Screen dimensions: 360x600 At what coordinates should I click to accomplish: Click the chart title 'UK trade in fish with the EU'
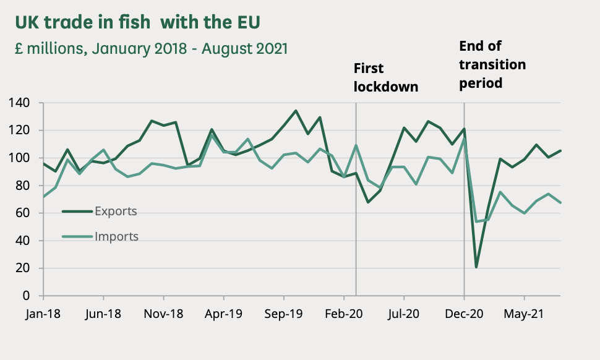pyautogui.click(x=137, y=23)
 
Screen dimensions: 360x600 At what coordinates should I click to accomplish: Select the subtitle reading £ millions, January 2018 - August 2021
pyautogui.click(x=151, y=49)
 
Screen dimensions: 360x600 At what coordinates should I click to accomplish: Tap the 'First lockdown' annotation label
pyautogui.click(x=385, y=77)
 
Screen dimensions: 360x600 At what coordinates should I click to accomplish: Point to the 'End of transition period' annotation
pyautogui.click(x=492, y=64)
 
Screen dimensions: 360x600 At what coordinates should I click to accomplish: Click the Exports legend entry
pyautogui.click(x=115, y=212)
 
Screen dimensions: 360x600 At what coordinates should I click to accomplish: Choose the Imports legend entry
pyautogui.click(x=116, y=236)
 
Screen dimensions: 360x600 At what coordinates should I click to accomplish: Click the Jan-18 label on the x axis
pyautogui.click(x=43, y=314)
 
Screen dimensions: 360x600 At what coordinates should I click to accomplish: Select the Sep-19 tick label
pyautogui.click(x=283, y=314)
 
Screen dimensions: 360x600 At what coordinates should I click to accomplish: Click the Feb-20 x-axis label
pyautogui.click(x=344, y=314)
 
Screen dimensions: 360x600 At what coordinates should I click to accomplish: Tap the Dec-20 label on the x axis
pyautogui.click(x=464, y=314)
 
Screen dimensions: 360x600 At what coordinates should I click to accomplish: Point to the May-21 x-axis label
pyautogui.click(x=524, y=314)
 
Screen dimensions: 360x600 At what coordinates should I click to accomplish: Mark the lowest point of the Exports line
pyautogui.click(x=476, y=267)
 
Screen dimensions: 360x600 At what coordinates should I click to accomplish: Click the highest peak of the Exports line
pyautogui.click(x=296, y=111)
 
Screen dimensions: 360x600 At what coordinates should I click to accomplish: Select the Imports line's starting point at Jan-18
pyautogui.click(x=43, y=197)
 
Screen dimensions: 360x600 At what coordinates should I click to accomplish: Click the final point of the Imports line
pyautogui.click(x=560, y=202)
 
